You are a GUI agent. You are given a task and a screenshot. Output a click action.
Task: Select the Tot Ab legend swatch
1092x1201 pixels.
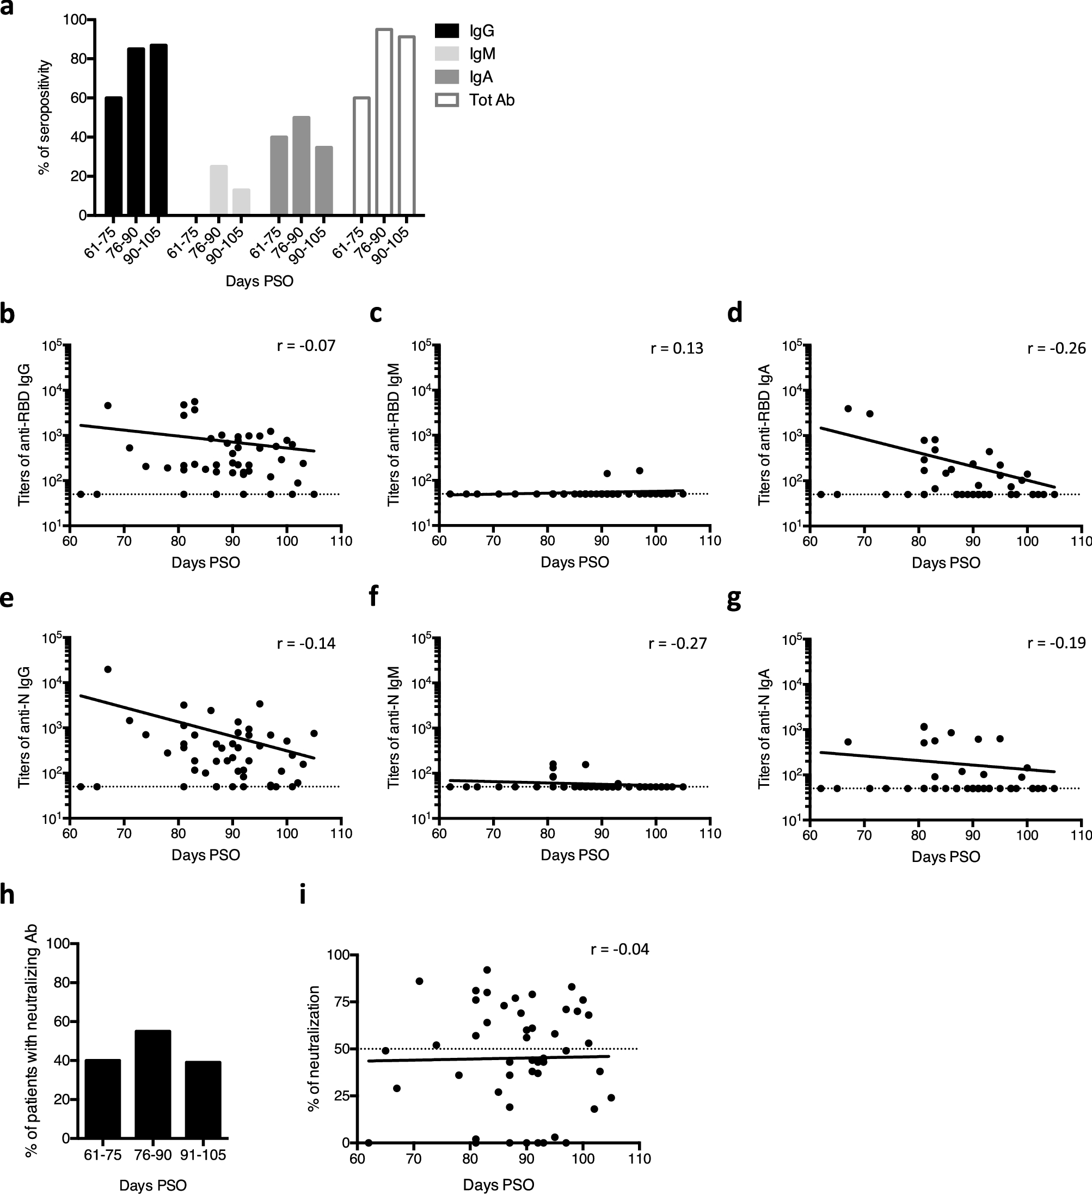447,100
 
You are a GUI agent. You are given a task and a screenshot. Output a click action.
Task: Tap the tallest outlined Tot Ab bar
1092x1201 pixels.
384,121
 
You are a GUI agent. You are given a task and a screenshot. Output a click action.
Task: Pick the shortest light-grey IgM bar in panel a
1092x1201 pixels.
241,202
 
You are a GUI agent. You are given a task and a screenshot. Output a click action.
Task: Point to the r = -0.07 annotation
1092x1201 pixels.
306,345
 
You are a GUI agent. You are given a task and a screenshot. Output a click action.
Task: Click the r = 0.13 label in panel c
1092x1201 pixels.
677,348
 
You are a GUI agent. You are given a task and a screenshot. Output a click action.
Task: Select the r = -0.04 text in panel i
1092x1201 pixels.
619,949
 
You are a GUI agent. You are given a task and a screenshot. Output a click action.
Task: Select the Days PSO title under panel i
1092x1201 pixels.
498,1183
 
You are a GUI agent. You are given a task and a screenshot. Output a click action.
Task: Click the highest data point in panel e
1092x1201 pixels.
108,669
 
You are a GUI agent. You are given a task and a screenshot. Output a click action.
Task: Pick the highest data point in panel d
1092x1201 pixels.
848,408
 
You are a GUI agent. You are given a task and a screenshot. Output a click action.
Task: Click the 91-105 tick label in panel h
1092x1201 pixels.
203,1155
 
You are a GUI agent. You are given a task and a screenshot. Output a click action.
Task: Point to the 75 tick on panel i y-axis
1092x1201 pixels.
340,1001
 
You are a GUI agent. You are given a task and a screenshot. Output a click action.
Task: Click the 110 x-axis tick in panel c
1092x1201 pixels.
710,541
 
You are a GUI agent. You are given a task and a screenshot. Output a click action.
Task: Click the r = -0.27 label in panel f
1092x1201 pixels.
677,643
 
